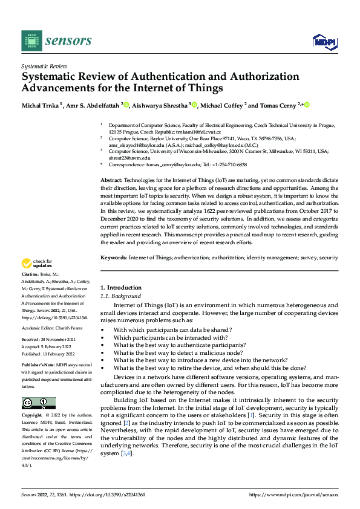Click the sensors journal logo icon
click(31, 41)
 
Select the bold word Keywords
click(114, 258)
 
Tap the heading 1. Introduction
click(120, 287)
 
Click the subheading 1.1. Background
click(120, 296)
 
